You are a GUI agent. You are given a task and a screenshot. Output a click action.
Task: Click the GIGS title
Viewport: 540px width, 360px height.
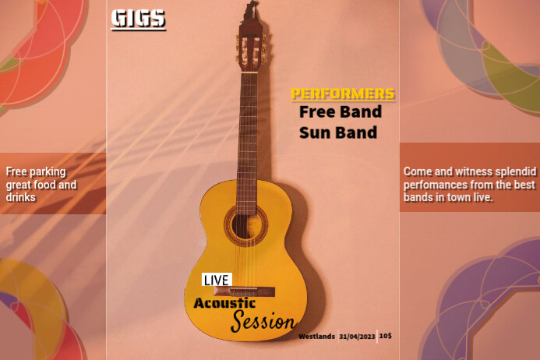pos(139,19)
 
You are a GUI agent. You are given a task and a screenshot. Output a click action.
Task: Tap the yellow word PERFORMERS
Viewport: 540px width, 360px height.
pos(343,94)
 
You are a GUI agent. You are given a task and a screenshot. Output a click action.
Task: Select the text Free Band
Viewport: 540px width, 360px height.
pos(341,112)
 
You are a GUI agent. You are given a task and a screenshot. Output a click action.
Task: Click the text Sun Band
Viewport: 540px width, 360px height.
pos(338,132)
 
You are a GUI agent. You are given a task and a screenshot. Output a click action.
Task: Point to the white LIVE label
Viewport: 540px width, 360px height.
pos(217,280)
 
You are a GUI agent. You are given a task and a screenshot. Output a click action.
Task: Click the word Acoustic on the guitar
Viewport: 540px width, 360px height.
pos(225,302)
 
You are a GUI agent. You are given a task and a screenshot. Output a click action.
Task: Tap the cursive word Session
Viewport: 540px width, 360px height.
pos(263,320)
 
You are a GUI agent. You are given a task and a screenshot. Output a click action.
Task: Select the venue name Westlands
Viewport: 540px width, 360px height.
pos(316,336)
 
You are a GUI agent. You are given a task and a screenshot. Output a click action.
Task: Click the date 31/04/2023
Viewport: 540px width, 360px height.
pos(357,336)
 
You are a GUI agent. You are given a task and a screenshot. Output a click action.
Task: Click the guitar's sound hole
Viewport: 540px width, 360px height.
pos(245,224)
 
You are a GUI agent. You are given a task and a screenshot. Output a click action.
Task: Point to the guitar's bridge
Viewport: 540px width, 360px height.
pos(250,292)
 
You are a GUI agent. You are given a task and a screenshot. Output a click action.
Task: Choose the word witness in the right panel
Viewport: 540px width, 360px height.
pos(468,171)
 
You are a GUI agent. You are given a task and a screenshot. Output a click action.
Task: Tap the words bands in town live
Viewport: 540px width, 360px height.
pos(449,198)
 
